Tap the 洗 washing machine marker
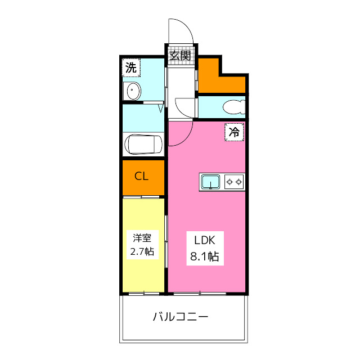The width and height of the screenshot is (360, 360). [x=130, y=68]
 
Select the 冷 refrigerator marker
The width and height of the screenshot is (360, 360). [x=235, y=132]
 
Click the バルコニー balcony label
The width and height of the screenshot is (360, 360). [x=181, y=317]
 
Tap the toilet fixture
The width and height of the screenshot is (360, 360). [x=233, y=106]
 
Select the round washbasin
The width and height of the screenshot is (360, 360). [x=133, y=91]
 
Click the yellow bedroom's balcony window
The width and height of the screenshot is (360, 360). [x=143, y=293]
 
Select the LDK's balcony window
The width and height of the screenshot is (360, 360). [x=206, y=293]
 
